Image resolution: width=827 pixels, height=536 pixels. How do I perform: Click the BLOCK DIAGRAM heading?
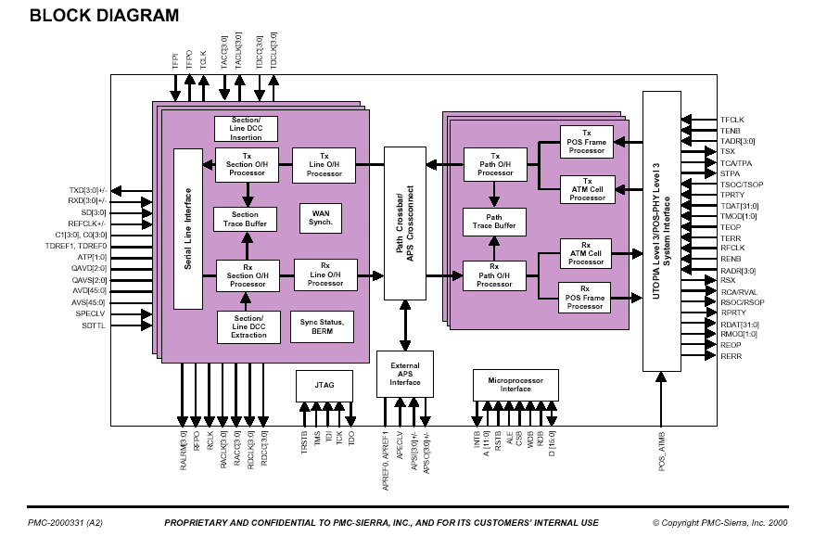104,16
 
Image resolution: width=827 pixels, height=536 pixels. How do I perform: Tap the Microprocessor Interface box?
515,384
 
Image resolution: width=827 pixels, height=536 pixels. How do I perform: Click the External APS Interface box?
404,375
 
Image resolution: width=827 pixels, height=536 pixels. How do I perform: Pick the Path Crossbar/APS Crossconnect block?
404,223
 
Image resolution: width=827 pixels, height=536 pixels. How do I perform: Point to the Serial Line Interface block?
188,229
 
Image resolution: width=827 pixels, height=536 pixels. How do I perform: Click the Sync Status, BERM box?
322,325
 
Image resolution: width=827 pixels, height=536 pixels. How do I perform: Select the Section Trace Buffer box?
246,219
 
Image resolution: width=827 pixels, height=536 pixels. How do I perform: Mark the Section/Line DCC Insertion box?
246,129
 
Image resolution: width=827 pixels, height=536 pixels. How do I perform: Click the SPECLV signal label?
91,313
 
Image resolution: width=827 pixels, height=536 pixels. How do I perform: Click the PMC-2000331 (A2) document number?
64,523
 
